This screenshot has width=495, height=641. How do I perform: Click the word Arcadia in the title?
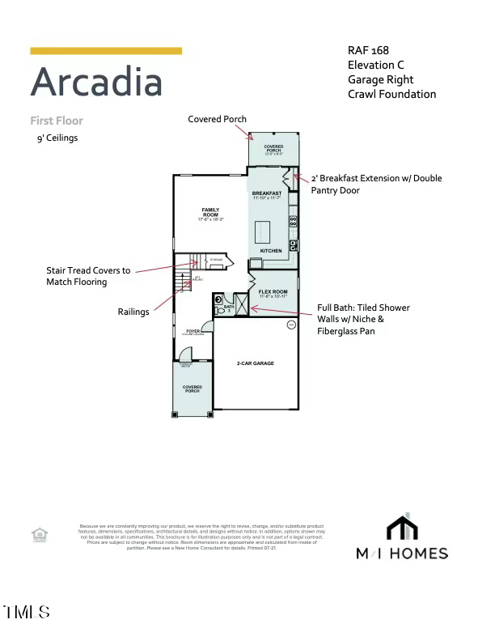coord(96,83)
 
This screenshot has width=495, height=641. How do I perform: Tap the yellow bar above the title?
coord(106,51)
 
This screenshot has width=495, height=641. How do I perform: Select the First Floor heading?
coord(57,121)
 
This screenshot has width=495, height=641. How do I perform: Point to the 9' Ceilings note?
coord(57,138)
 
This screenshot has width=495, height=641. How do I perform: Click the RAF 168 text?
coord(368,50)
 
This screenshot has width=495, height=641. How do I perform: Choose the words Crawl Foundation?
coord(391,94)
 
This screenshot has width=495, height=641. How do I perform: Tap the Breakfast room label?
coord(267,193)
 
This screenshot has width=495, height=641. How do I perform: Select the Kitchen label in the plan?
coord(271,251)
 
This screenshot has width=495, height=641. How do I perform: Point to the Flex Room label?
coord(273,291)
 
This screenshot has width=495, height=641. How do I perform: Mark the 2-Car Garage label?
coord(255,363)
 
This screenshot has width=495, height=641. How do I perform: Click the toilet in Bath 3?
coord(219,299)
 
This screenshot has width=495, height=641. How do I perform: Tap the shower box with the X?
coord(241,304)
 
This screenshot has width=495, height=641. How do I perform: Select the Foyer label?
coord(193,331)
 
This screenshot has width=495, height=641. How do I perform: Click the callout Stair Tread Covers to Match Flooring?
coord(88,276)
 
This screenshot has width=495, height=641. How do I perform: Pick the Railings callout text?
coord(133,312)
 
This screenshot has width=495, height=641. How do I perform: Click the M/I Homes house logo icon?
coord(402,527)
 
